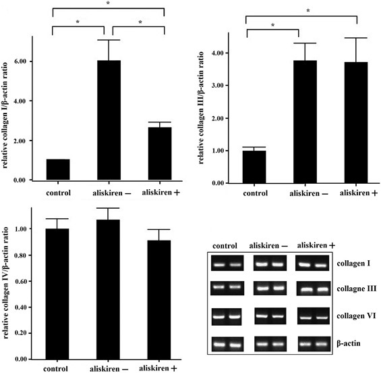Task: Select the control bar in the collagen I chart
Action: [58, 170]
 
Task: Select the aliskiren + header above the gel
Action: [311, 245]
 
